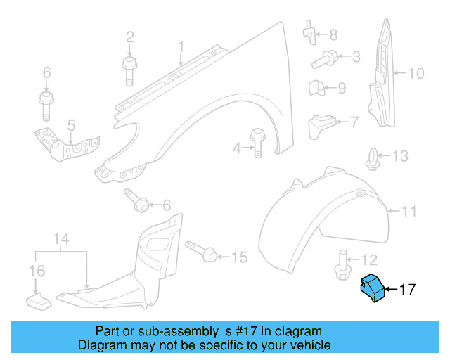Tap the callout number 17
tap(408, 289)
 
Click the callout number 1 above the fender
tap(180, 47)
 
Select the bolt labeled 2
tap(129, 69)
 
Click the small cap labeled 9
tap(316, 89)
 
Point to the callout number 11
tap(409, 210)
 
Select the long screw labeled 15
tap(203, 253)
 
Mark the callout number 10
tap(416, 72)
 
